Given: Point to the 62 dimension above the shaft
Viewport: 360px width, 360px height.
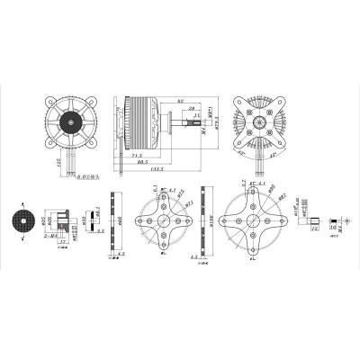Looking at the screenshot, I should [181, 102].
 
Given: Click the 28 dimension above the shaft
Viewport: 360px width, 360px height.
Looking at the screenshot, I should [191, 109].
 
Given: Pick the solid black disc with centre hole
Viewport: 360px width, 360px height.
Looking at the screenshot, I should [20, 220].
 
